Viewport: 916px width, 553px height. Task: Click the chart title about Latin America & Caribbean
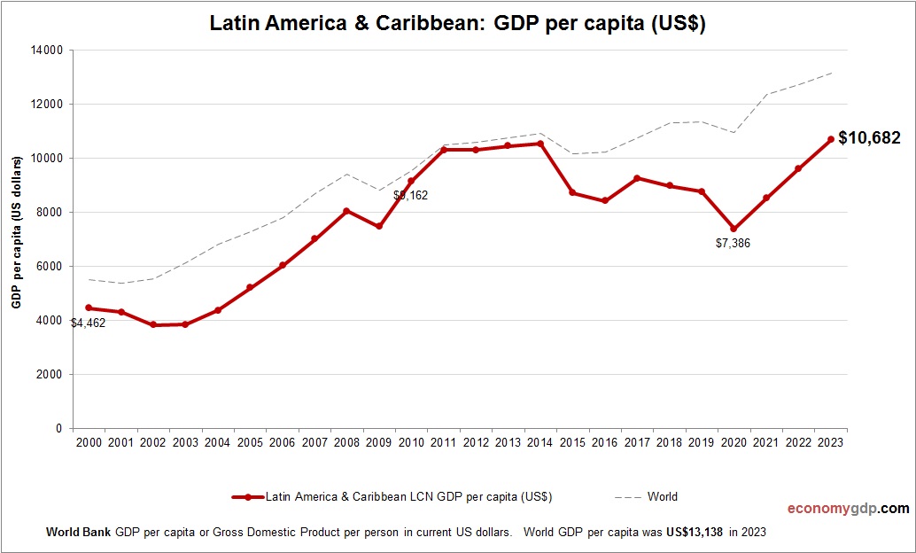[x=457, y=24]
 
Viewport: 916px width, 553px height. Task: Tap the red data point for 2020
[x=734, y=229]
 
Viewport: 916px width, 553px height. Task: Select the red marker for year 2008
[x=346, y=211]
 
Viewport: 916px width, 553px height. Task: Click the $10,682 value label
[x=869, y=138]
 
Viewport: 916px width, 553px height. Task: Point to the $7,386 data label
[x=733, y=243]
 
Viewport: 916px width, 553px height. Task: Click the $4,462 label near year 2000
[x=89, y=323]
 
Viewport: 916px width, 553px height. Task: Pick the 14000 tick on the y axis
[x=47, y=51]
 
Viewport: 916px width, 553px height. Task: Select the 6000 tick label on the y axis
[x=50, y=267]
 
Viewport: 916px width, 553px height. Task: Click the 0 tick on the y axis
[x=59, y=429]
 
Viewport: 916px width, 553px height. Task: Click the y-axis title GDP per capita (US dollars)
[x=16, y=232]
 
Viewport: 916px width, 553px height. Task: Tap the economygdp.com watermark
[x=848, y=509]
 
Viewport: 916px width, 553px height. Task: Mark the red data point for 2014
[x=540, y=144]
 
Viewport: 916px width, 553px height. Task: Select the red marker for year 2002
[x=153, y=325]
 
